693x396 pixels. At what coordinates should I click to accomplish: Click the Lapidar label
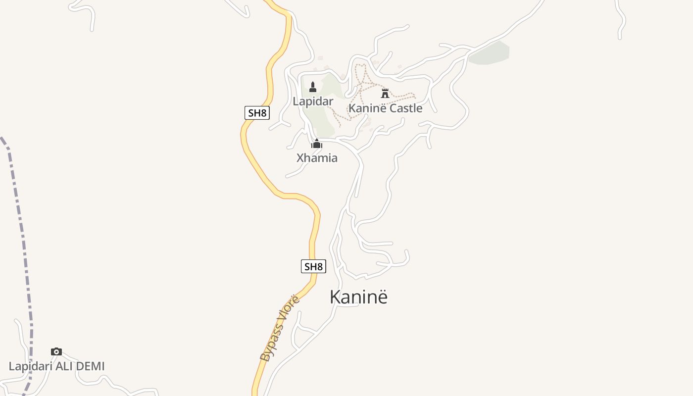(x=313, y=101)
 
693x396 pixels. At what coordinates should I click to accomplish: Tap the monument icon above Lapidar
(x=312, y=87)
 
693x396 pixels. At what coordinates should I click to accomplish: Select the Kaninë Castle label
(x=385, y=108)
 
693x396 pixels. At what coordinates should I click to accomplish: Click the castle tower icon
(x=385, y=93)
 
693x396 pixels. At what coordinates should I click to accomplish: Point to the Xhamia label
(x=317, y=158)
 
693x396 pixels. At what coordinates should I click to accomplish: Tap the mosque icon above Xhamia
(x=316, y=144)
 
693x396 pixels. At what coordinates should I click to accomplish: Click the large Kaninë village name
(x=358, y=297)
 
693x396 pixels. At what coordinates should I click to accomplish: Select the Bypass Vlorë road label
(x=280, y=328)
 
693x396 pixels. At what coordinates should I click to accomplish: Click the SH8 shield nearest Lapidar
(x=257, y=113)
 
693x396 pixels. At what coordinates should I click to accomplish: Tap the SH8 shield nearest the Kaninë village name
(x=313, y=267)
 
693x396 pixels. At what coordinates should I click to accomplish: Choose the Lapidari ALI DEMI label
(x=57, y=367)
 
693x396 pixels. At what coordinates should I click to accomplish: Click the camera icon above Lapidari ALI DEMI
(x=56, y=352)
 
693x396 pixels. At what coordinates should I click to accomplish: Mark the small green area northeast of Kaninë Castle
(x=489, y=53)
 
